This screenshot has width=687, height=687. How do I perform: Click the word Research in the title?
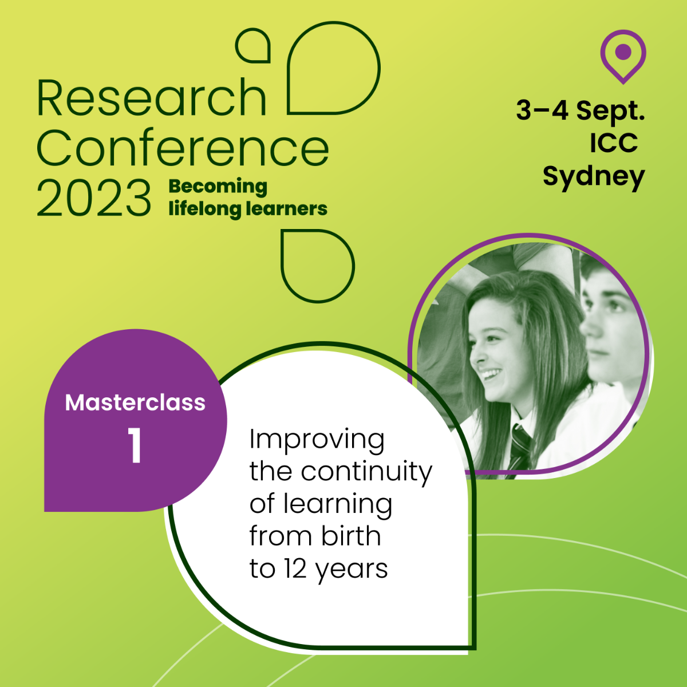(152, 97)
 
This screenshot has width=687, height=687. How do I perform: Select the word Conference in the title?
(183, 148)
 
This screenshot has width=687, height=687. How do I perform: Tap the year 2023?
(94, 198)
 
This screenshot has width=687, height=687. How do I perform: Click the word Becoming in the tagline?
(218, 187)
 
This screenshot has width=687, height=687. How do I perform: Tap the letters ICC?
(614, 143)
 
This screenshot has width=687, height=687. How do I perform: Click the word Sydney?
(594, 177)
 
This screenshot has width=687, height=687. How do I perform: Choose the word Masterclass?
(135, 402)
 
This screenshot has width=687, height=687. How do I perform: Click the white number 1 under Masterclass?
(135, 445)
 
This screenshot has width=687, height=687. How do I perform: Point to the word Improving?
(317, 441)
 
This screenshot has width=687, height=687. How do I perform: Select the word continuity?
(366, 472)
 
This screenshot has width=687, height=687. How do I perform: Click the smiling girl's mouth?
(491, 375)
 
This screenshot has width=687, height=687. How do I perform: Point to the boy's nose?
(589, 328)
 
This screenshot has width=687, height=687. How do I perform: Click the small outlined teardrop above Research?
(253, 46)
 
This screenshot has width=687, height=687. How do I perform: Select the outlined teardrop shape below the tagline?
(318, 266)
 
